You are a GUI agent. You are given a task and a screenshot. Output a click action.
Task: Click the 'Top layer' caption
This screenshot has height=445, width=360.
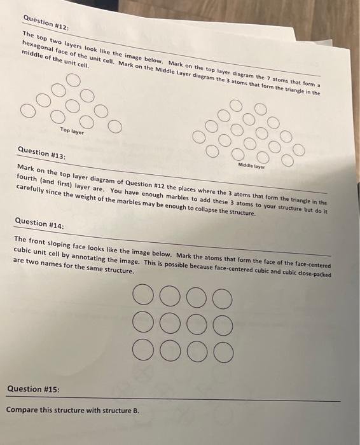72,130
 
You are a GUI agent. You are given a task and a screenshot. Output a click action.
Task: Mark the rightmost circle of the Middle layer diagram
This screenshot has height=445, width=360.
298,150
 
